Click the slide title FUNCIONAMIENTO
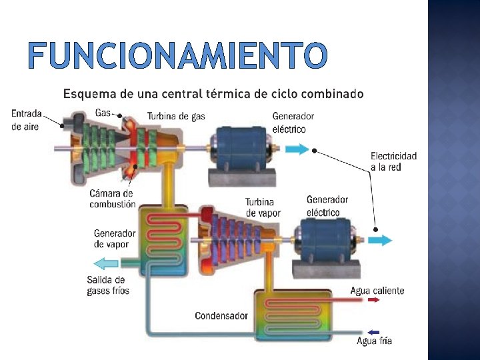pos(178,56)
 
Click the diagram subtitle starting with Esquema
pos(213,94)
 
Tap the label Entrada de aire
pos(27,119)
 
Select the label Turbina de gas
pos(176,116)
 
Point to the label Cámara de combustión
pos(112,199)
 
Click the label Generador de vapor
pos(115,239)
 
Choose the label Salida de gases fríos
pos(108,285)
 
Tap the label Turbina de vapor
pos(263,207)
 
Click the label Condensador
pos(221,315)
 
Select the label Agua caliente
pos(377,291)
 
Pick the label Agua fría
pos(375,341)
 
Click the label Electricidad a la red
pos(393,161)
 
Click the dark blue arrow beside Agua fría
pos(373,332)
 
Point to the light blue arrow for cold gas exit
pos(105,263)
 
